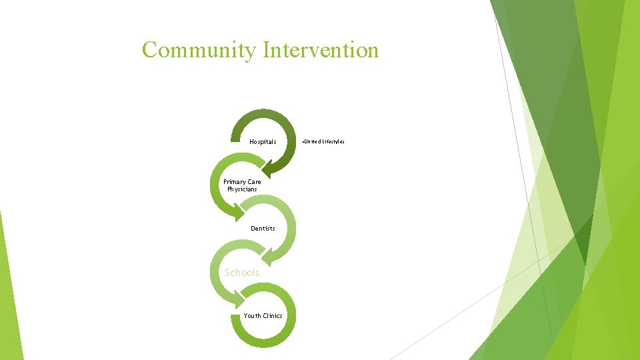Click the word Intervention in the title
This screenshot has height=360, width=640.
321,50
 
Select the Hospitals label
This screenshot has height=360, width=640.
263,141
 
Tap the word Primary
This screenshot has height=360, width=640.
233,181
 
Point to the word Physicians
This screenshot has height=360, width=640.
242,189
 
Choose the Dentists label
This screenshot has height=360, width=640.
263,229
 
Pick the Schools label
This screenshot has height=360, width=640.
242,272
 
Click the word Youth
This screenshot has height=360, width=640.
252,316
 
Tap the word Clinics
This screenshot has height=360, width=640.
272,316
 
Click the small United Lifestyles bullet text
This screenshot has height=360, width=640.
323,141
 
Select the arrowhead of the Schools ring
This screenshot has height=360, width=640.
237,299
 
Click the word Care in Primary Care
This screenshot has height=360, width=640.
254,181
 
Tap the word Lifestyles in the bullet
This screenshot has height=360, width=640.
333,141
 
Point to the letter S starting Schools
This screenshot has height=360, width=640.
228,272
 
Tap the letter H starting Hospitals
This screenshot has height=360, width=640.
251,141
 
